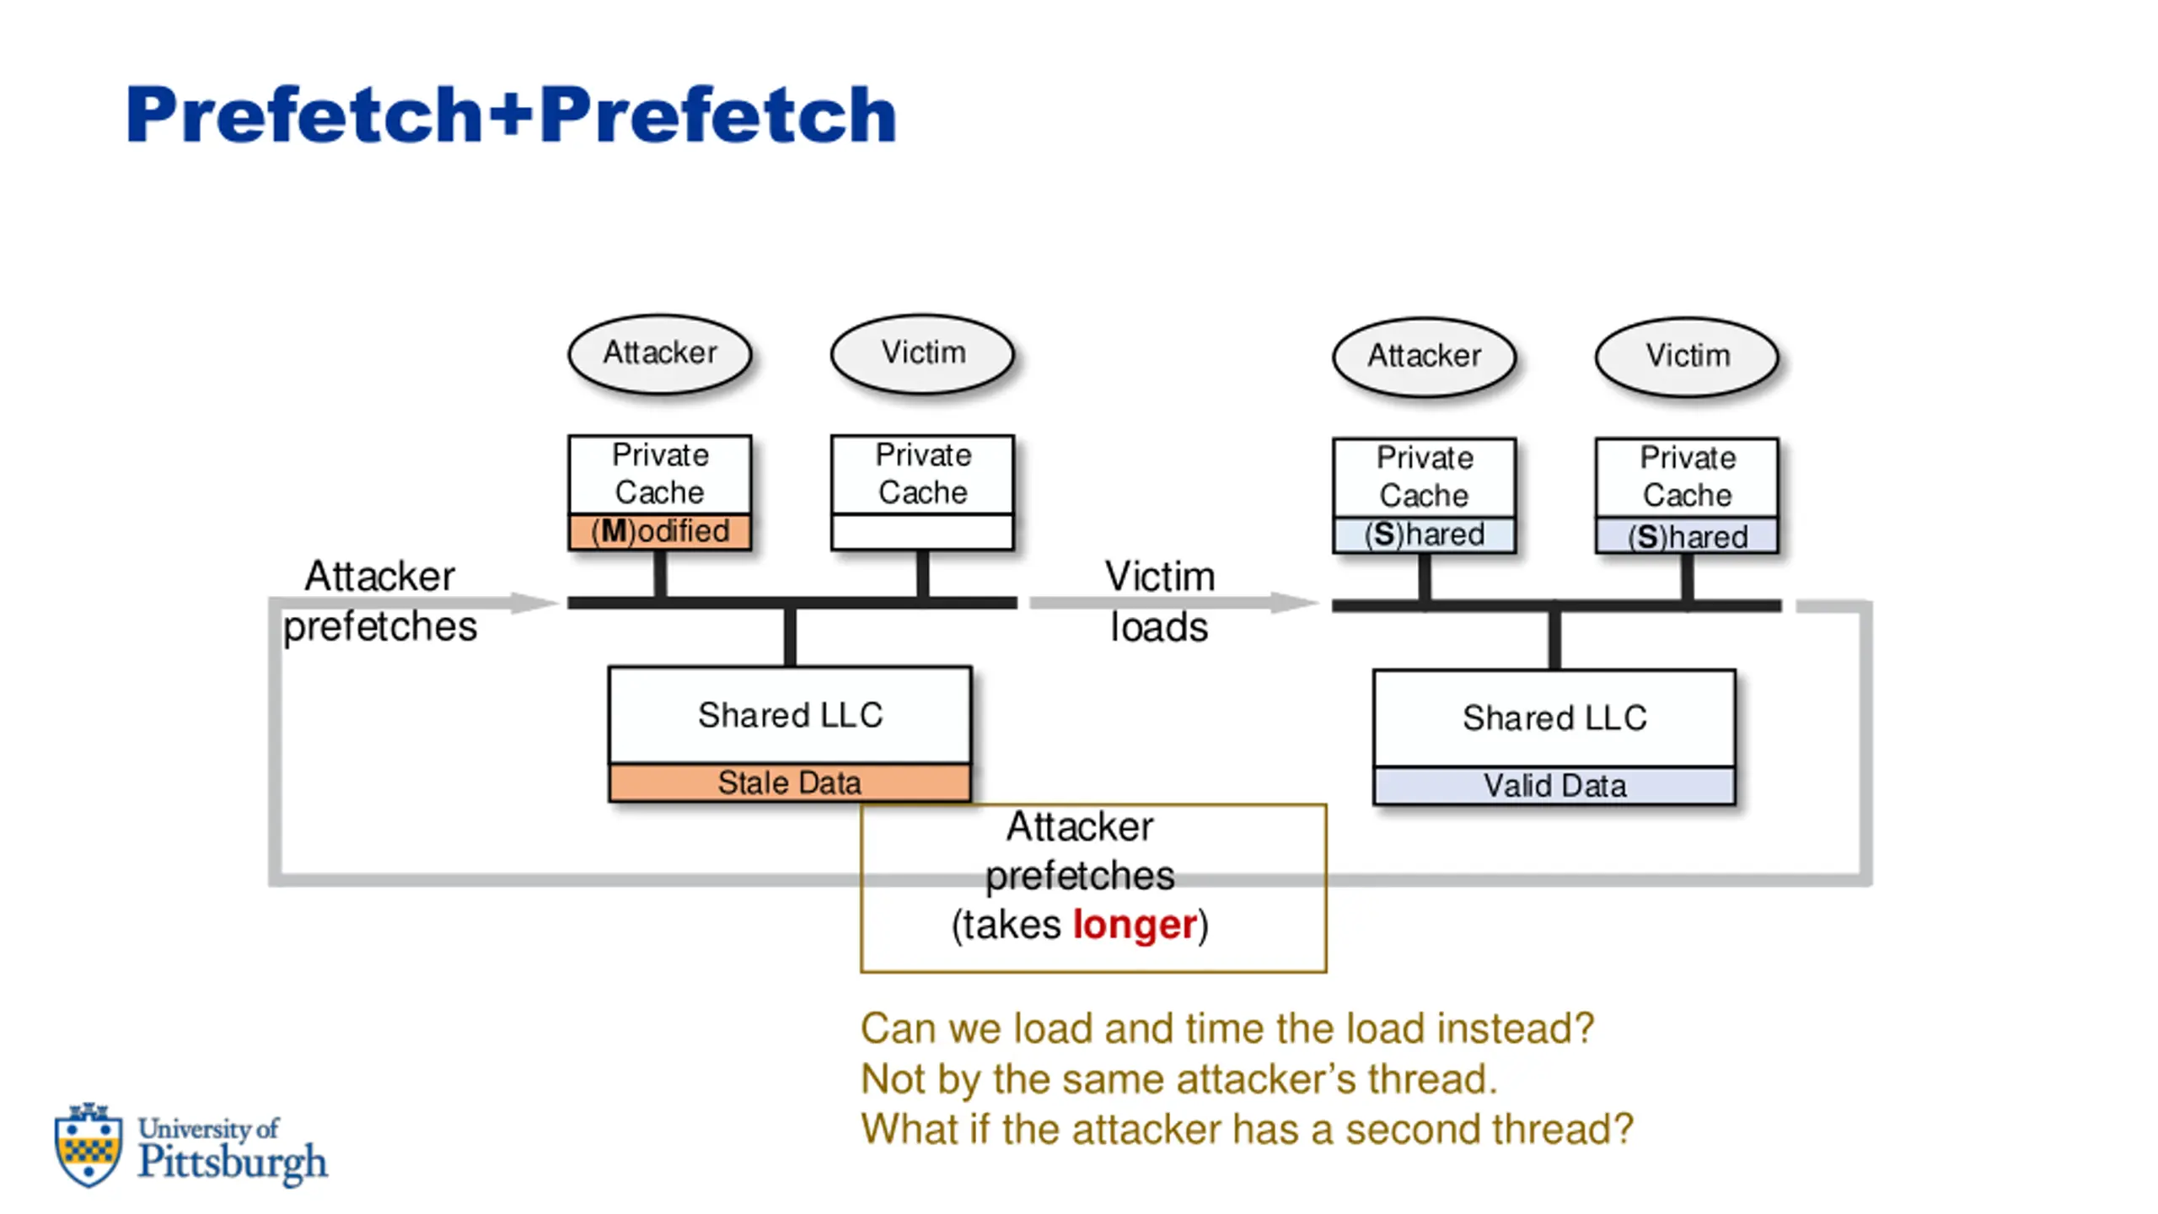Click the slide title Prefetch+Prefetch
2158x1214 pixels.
tap(511, 115)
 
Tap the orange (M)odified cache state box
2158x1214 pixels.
tap(660, 531)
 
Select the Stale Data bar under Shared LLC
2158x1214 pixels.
tap(790, 783)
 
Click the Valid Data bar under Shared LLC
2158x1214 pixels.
tap(1554, 787)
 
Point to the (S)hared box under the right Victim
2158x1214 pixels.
tap(1687, 536)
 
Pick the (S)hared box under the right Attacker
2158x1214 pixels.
tap(1425, 534)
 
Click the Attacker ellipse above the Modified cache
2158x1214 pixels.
tap(660, 354)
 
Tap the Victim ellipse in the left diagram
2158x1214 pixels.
tap(923, 354)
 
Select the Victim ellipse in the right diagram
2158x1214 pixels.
tap(1688, 357)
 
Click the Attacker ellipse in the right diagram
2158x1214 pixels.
tap(1425, 357)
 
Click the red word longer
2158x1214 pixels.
tap(1135, 925)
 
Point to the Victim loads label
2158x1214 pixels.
tap(1160, 602)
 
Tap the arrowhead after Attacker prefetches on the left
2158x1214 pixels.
tap(534, 602)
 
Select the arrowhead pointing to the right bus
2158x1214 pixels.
tap(1295, 602)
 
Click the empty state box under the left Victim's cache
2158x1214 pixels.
tap(923, 532)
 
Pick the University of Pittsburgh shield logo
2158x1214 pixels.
tap(88, 1144)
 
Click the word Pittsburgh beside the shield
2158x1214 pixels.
tap(233, 1163)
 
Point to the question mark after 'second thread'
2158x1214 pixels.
tap(1622, 1130)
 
